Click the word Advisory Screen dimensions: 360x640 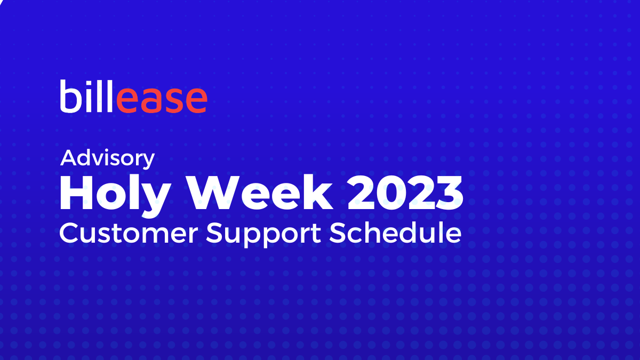(108, 159)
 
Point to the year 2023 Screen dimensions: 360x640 (405, 194)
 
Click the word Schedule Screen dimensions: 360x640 (395, 234)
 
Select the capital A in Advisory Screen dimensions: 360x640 (69, 158)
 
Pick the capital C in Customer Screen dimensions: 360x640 (69, 234)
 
